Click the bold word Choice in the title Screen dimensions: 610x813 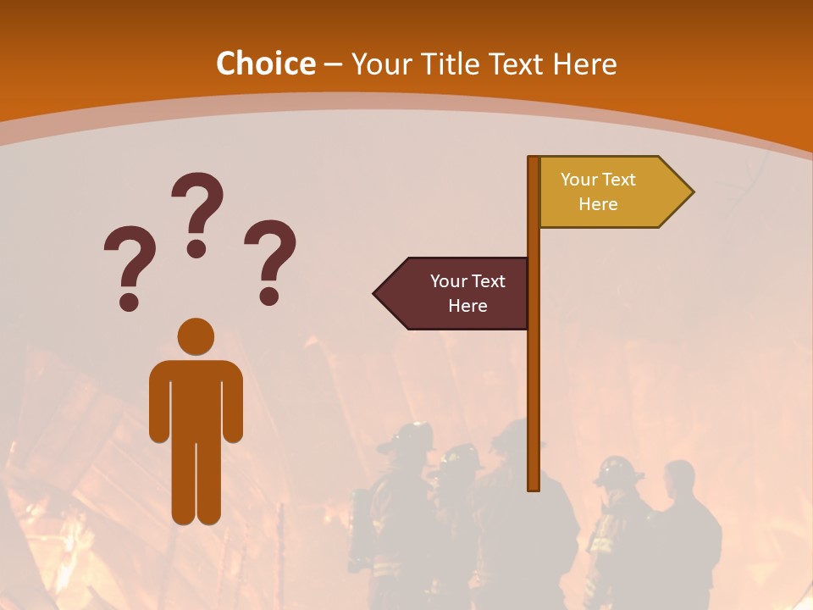pyautogui.click(x=265, y=64)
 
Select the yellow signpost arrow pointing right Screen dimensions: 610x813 pyautogui.click(x=610, y=192)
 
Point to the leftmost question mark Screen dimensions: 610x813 pyautogui.click(x=130, y=267)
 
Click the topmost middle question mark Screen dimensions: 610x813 pyautogui.click(x=197, y=213)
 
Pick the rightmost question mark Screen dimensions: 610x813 pyautogui.click(x=270, y=261)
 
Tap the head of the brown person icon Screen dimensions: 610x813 pyautogui.click(x=196, y=336)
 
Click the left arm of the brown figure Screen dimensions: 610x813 pyautogui.click(x=159, y=402)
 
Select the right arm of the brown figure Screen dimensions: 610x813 pyautogui.click(x=233, y=402)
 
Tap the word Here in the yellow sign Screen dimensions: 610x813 pyautogui.click(x=598, y=204)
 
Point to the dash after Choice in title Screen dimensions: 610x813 pyautogui.click(x=333, y=64)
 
